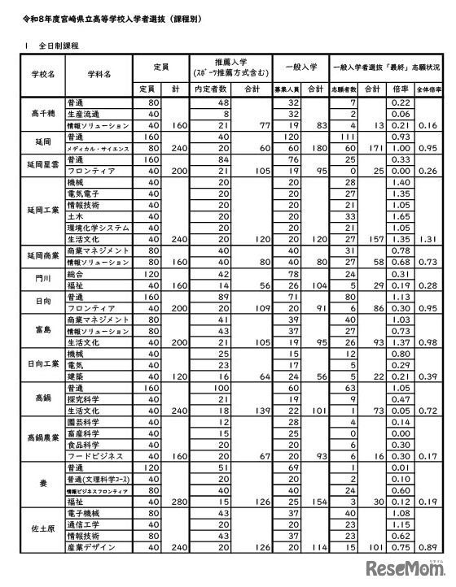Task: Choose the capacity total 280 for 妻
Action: point(174,502)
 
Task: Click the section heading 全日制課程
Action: point(53,46)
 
